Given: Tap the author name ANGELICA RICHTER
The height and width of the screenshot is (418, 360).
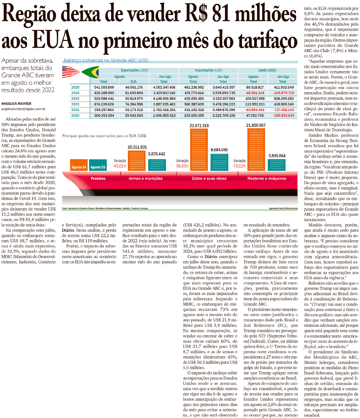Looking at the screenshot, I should pos(16,104).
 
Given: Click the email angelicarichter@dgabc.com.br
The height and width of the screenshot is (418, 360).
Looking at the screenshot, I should pos(23,109).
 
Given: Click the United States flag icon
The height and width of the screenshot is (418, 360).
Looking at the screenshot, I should pos(70,72).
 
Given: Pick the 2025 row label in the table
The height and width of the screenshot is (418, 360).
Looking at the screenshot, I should pos(75,87).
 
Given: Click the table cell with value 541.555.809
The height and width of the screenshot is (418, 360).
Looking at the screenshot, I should pos(104,87).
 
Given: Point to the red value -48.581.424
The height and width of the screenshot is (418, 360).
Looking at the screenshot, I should pos(255,93).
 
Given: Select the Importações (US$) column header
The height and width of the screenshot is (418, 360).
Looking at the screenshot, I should pos(208,70).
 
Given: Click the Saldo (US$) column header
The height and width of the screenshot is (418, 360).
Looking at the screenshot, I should pos(267,70).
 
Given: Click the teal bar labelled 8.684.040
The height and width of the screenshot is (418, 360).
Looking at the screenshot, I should pos(219,162).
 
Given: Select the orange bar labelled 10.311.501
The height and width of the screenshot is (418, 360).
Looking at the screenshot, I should pos(137,161).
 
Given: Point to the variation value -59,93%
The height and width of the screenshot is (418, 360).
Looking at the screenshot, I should pos(182,166).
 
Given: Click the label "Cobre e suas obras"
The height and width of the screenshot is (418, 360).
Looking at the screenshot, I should pos(209,178).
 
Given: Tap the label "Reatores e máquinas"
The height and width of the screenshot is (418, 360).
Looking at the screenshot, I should pos(267,178).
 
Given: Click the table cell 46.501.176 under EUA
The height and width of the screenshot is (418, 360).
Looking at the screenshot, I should pos(134,87).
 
